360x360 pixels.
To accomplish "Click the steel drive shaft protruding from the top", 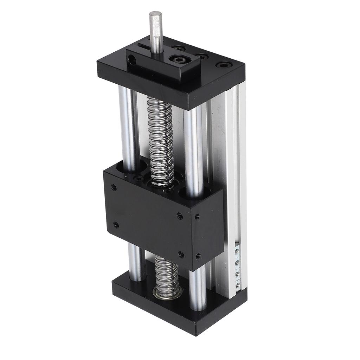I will click(x=155, y=30).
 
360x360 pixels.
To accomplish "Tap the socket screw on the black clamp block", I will click(x=179, y=60).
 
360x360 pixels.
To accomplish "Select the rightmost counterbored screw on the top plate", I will click(x=224, y=65).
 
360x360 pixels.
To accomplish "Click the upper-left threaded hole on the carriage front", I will click(x=114, y=187).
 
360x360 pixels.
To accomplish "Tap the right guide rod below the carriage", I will click(x=198, y=288).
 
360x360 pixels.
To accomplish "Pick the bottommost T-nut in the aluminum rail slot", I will click(x=238, y=285).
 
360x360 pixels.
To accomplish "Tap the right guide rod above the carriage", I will click(x=194, y=148).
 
